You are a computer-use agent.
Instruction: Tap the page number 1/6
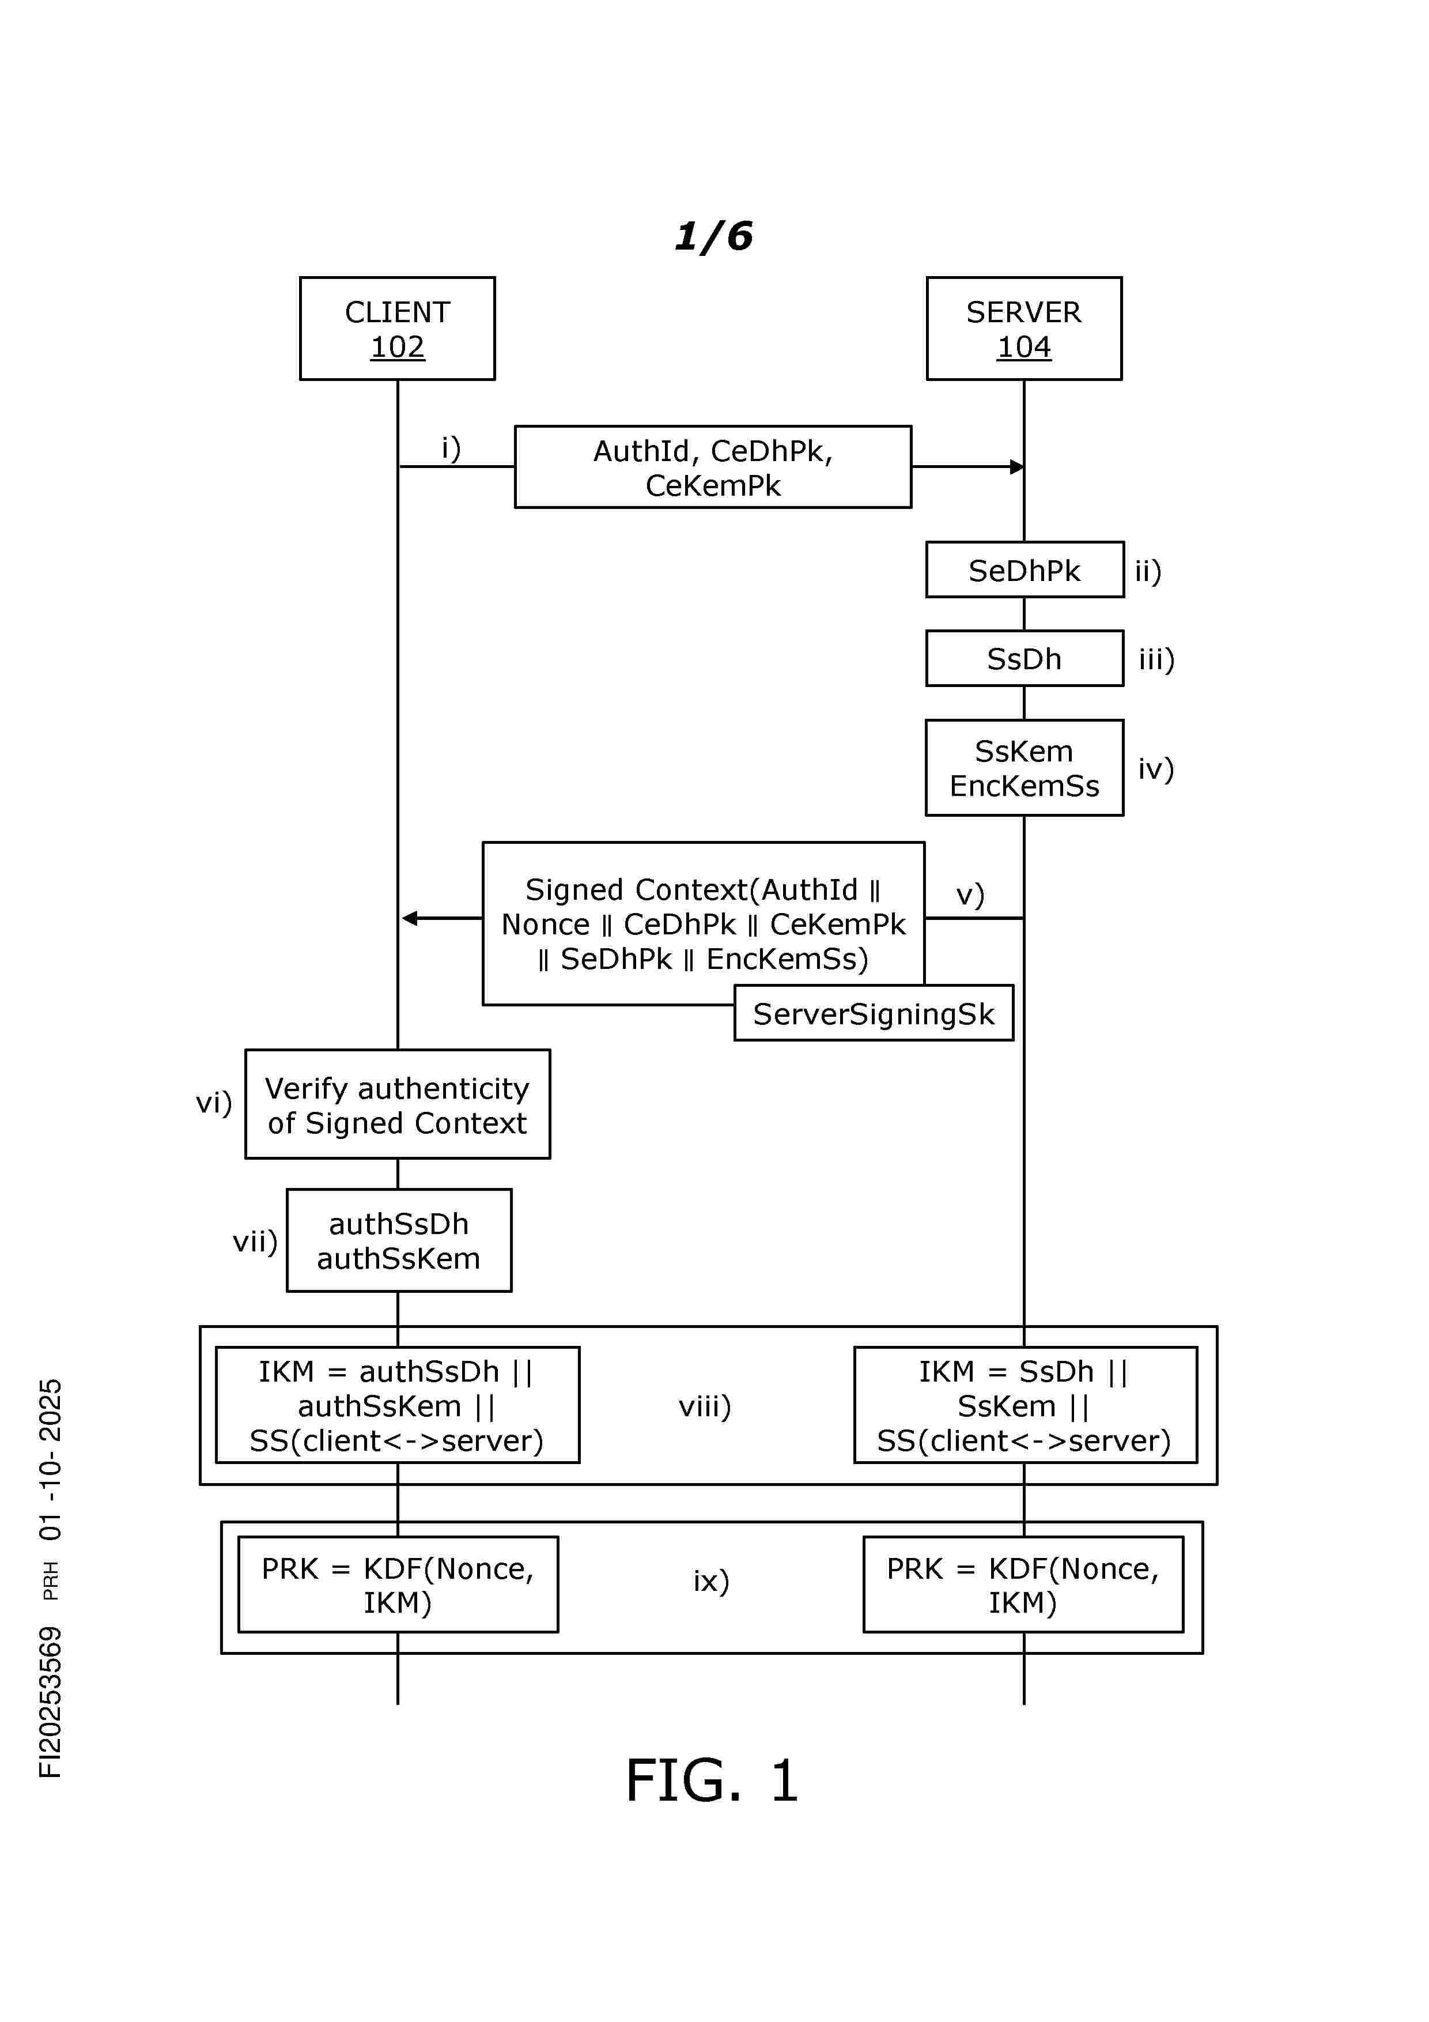tap(713, 236)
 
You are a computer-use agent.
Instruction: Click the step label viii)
tap(704, 1406)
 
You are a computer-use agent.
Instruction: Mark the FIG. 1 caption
tap(712, 1780)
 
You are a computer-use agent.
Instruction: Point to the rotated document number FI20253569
tap(50, 1702)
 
